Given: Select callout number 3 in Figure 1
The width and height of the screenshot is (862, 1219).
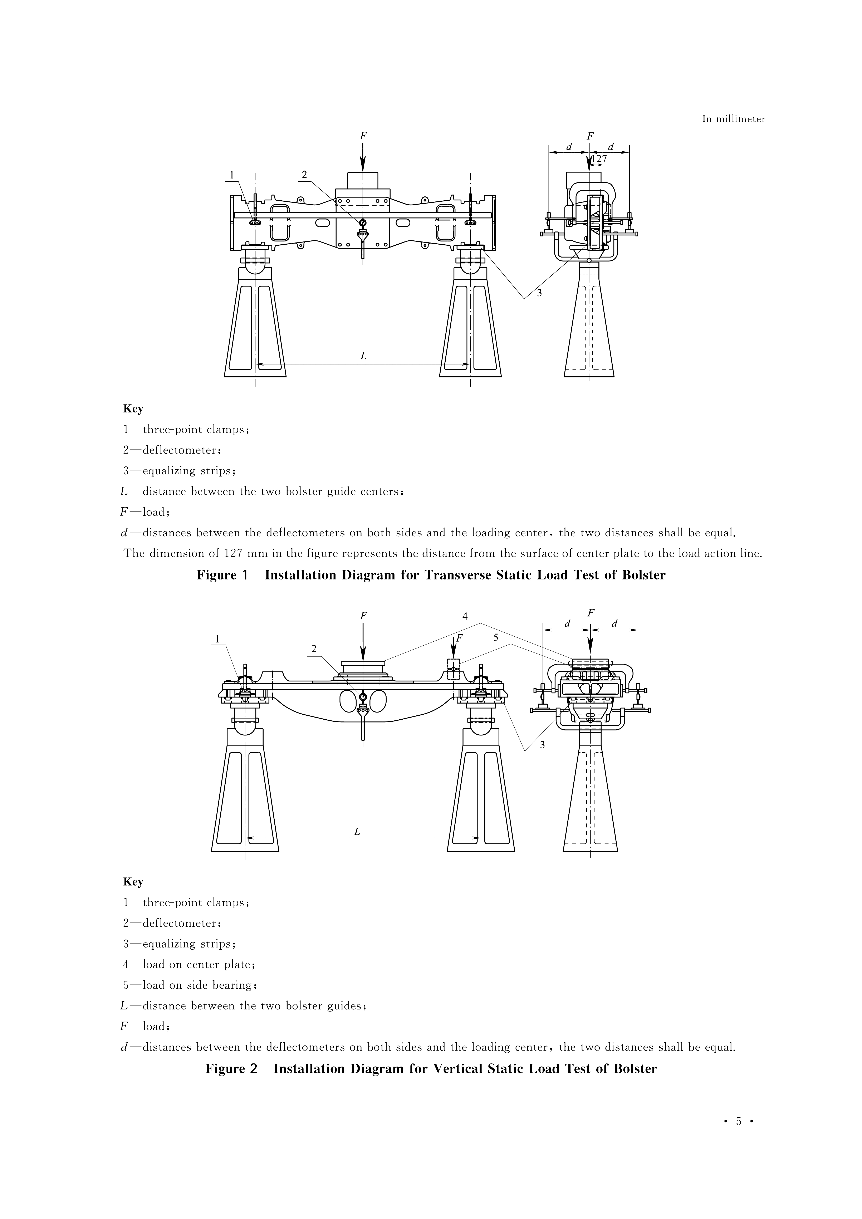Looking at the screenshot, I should point(539,293).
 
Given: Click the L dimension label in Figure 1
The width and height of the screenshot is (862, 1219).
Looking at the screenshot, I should point(363,356).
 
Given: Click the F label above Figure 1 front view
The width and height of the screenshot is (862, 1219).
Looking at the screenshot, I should point(363,136).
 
